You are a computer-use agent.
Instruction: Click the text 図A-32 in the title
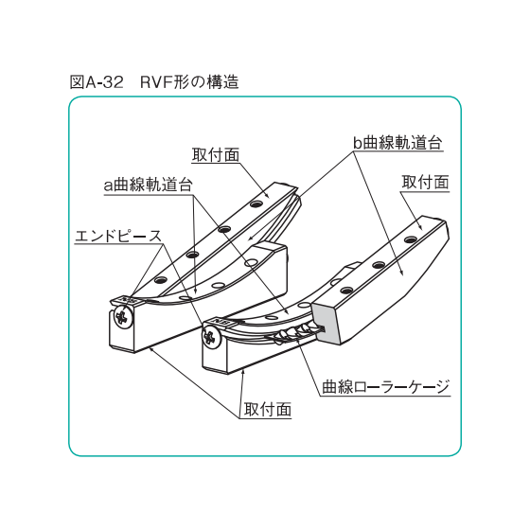(x=97, y=82)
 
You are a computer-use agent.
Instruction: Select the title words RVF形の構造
(x=189, y=82)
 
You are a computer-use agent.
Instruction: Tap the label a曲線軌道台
(x=148, y=185)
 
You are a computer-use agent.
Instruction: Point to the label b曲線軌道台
(x=397, y=143)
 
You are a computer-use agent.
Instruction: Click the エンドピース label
(x=118, y=236)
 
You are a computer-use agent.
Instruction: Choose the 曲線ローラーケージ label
(x=385, y=387)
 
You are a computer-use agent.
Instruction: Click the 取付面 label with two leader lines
(x=267, y=410)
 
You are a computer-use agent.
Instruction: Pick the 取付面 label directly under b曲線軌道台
(x=425, y=183)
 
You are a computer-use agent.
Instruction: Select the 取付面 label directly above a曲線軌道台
(x=216, y=155)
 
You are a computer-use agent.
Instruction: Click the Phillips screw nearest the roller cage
(x=211, y=338)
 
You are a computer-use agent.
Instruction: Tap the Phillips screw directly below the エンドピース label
(x=123, y=317)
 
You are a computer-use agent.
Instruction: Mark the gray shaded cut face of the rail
(x=324, y=323)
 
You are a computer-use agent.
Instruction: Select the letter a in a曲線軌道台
(x=108, y=185)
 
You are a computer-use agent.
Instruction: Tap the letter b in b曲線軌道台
(x=358, y=143)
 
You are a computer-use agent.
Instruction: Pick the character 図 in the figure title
(x=77, y=82)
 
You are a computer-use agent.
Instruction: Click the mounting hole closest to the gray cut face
(x=345, y=290)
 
